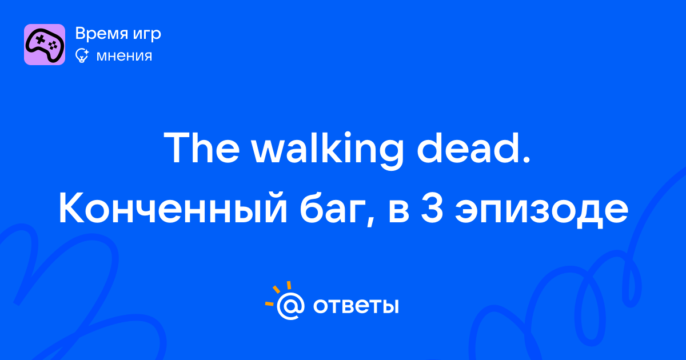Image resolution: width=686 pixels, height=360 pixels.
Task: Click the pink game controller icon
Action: click(x=45, y=45)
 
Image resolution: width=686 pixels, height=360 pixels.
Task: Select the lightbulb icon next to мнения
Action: click(x=82, y=56)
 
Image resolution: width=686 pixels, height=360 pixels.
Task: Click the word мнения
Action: click(x=124, y=57)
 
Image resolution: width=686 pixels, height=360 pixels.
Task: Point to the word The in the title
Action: click(x=201, y=148)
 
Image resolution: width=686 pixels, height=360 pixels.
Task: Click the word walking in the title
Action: click(x=328, y=150)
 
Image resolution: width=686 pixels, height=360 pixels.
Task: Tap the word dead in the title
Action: click(x=469, y=148)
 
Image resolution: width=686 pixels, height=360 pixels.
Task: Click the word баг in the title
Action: click(x=332, y=209)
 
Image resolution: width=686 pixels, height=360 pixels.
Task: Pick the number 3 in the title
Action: click(x=432, y=208)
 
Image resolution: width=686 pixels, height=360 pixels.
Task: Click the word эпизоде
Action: click(x=541, y=211)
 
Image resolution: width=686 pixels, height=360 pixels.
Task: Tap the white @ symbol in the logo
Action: click(x=290, y=306)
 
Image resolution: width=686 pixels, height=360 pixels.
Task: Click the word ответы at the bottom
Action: click(x=356, y=306)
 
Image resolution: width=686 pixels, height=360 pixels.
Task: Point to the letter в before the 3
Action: click(x=399, y=211)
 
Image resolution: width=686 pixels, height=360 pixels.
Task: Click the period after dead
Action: click(x=526, y=160)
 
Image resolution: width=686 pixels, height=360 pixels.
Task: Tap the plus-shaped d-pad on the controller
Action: click(x=40, y=39)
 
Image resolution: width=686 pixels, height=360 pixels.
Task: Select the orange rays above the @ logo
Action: click(x=278, y=293)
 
